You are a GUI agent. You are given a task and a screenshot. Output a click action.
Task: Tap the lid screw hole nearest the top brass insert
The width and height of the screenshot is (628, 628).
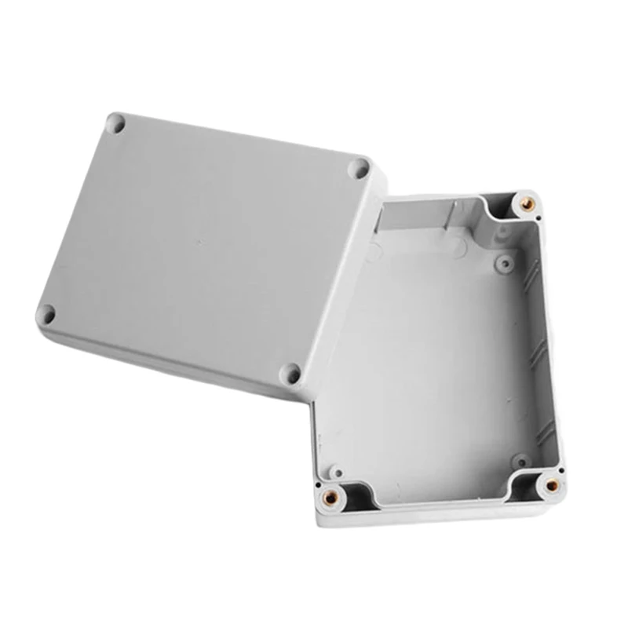click(360, 167)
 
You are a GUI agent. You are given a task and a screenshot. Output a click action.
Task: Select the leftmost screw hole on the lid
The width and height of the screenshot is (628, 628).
click(46, 315)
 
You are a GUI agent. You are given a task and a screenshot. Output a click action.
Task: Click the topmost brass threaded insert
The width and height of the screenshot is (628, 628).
click(528, 203)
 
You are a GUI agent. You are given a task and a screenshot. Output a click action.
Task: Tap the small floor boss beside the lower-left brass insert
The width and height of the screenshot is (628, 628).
click(335, 472)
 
